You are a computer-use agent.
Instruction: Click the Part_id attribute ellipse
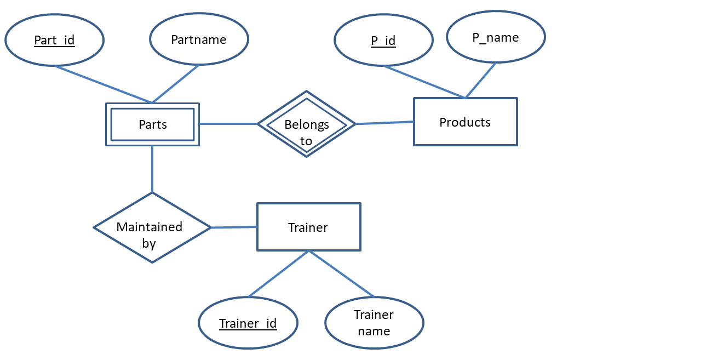pyautogui.click(x=54, y=40)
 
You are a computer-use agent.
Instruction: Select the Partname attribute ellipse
pyautogui.click(x=199, y=39)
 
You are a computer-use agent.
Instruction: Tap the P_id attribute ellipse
pyautogui.click(x=383, y=41)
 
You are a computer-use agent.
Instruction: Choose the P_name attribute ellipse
pyautogui.click(x=496, y=37)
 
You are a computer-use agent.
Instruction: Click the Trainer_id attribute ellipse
pyautogui.click(x=248, y=323)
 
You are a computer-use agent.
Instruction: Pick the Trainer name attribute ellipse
pyautogui.click(x=374, y=322)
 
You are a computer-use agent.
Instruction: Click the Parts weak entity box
pyautogui.click(x=152, y=124)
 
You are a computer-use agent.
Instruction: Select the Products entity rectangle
pyautogui.click(x=465, y=122)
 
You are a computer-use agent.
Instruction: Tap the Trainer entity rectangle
pyautogui.click(x=308, y=227)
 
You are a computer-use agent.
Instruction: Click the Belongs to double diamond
pyautogui.click(x=306, y=124)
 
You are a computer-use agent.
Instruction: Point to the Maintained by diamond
pyautogui.click(x=152, y=227)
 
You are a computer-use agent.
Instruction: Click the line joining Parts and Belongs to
pyautogui.click(x=228, y=124)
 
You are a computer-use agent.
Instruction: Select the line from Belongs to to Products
pyautogui.click(x=384, y=123)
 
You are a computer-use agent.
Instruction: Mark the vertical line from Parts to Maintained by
pyautogui.click(x=152, y=169)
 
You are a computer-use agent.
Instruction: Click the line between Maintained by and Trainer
pyautogui.click(x=234, y=227)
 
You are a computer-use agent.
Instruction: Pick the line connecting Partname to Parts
pyautogui.click(x=176, y=83)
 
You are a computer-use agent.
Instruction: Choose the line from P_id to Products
pyautogui.click(x=424, y=82)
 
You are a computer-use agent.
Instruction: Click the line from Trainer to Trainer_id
pyautogui.click(x=278, y=274)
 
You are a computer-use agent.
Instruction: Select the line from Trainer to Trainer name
pyautogui.click(x=341, y=274)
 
